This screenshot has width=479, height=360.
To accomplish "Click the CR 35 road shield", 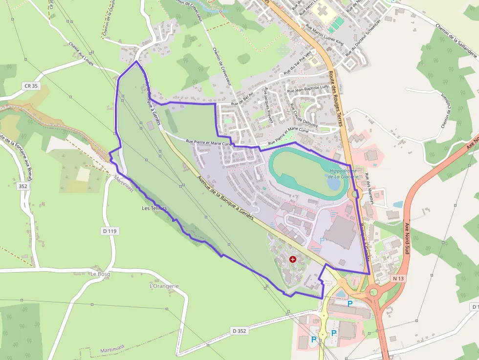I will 31,86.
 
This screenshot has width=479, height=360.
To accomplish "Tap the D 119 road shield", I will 111,231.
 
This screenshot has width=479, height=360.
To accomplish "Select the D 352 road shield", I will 239,331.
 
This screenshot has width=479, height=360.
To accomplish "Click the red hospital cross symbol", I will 293,259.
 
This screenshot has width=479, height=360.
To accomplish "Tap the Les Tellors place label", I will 154,209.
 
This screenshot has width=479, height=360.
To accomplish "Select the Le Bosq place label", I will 100,274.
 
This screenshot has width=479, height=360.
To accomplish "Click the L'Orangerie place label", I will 164,286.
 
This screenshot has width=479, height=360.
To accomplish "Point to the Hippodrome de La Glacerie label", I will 344,173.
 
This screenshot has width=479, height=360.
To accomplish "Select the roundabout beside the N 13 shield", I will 374,292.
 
